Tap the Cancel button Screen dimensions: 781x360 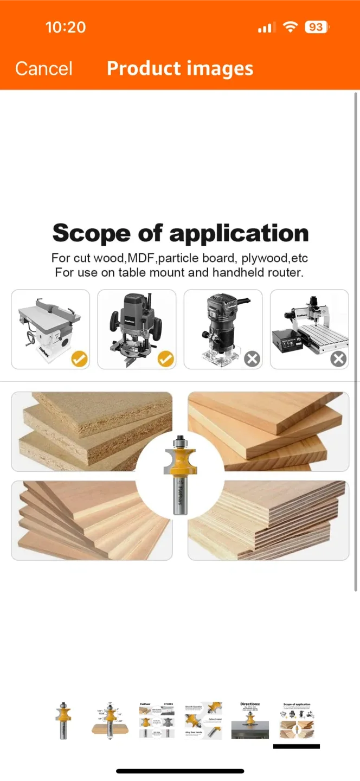coord(43,68)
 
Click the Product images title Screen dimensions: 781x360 coord(180,68)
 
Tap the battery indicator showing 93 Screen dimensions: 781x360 coord(317,27)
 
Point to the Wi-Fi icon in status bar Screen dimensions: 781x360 coord(291,27)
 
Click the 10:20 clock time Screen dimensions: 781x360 coord(66,27)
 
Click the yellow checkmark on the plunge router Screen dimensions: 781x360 coord(166,359)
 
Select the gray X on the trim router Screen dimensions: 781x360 coord(252,359)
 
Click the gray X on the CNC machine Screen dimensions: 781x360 coord(338,359)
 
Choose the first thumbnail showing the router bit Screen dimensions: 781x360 coord(64,720)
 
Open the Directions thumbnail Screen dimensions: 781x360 coord(250,720)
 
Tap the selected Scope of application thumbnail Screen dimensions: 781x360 coord(296,721)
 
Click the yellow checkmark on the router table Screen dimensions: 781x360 coord(80,359)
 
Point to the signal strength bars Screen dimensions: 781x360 coord(266,28)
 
